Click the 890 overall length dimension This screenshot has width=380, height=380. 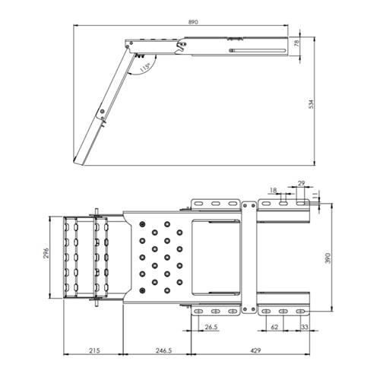[x=193, y=22]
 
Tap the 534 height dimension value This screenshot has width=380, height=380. [x=311, y=104]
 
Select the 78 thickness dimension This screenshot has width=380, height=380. [x=296, y=43]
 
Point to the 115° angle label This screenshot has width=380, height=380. [x=145, y=68]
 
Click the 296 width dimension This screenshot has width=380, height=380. [x=46, y=253]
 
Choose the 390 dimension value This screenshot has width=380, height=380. [x=328, y=258]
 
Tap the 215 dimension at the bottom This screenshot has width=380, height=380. [x=94, y=350]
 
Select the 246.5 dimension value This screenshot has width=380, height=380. [x=163, y=350]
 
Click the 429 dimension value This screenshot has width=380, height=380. [x=255, y=350]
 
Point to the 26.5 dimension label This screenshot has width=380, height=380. [x=211, y=327]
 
